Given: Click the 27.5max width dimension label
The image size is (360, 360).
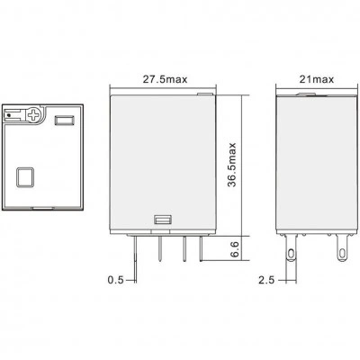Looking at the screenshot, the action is click(x=165, y=79).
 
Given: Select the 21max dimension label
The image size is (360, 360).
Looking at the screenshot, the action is click(x=317, y=79).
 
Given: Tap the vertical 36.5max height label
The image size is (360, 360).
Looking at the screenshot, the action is click(x=232, y=165).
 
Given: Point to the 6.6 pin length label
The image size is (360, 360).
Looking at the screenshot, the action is click(x=235, y=248).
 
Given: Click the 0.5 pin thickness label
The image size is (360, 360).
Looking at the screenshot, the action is click(x=115, y=280).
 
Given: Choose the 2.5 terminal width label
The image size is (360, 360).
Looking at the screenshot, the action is click(x=266, y=280).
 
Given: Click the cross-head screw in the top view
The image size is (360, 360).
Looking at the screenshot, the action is click(x=33, y=115).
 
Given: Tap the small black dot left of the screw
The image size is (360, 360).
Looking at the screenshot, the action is click(x=9, y=115).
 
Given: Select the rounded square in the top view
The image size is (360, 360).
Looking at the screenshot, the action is click(x=25, y=177).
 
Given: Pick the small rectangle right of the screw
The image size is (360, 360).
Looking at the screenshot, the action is click(x=64, y=120).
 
